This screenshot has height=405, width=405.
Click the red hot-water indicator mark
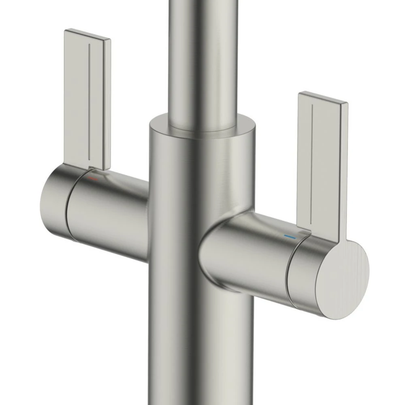tap(94, 178)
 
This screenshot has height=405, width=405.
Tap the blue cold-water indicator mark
tap(290, 236)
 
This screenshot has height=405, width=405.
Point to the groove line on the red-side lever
tap(89, 101)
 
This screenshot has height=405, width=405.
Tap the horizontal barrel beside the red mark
tap(117, 211)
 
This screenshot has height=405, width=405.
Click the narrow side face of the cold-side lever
tap(344, 170)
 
